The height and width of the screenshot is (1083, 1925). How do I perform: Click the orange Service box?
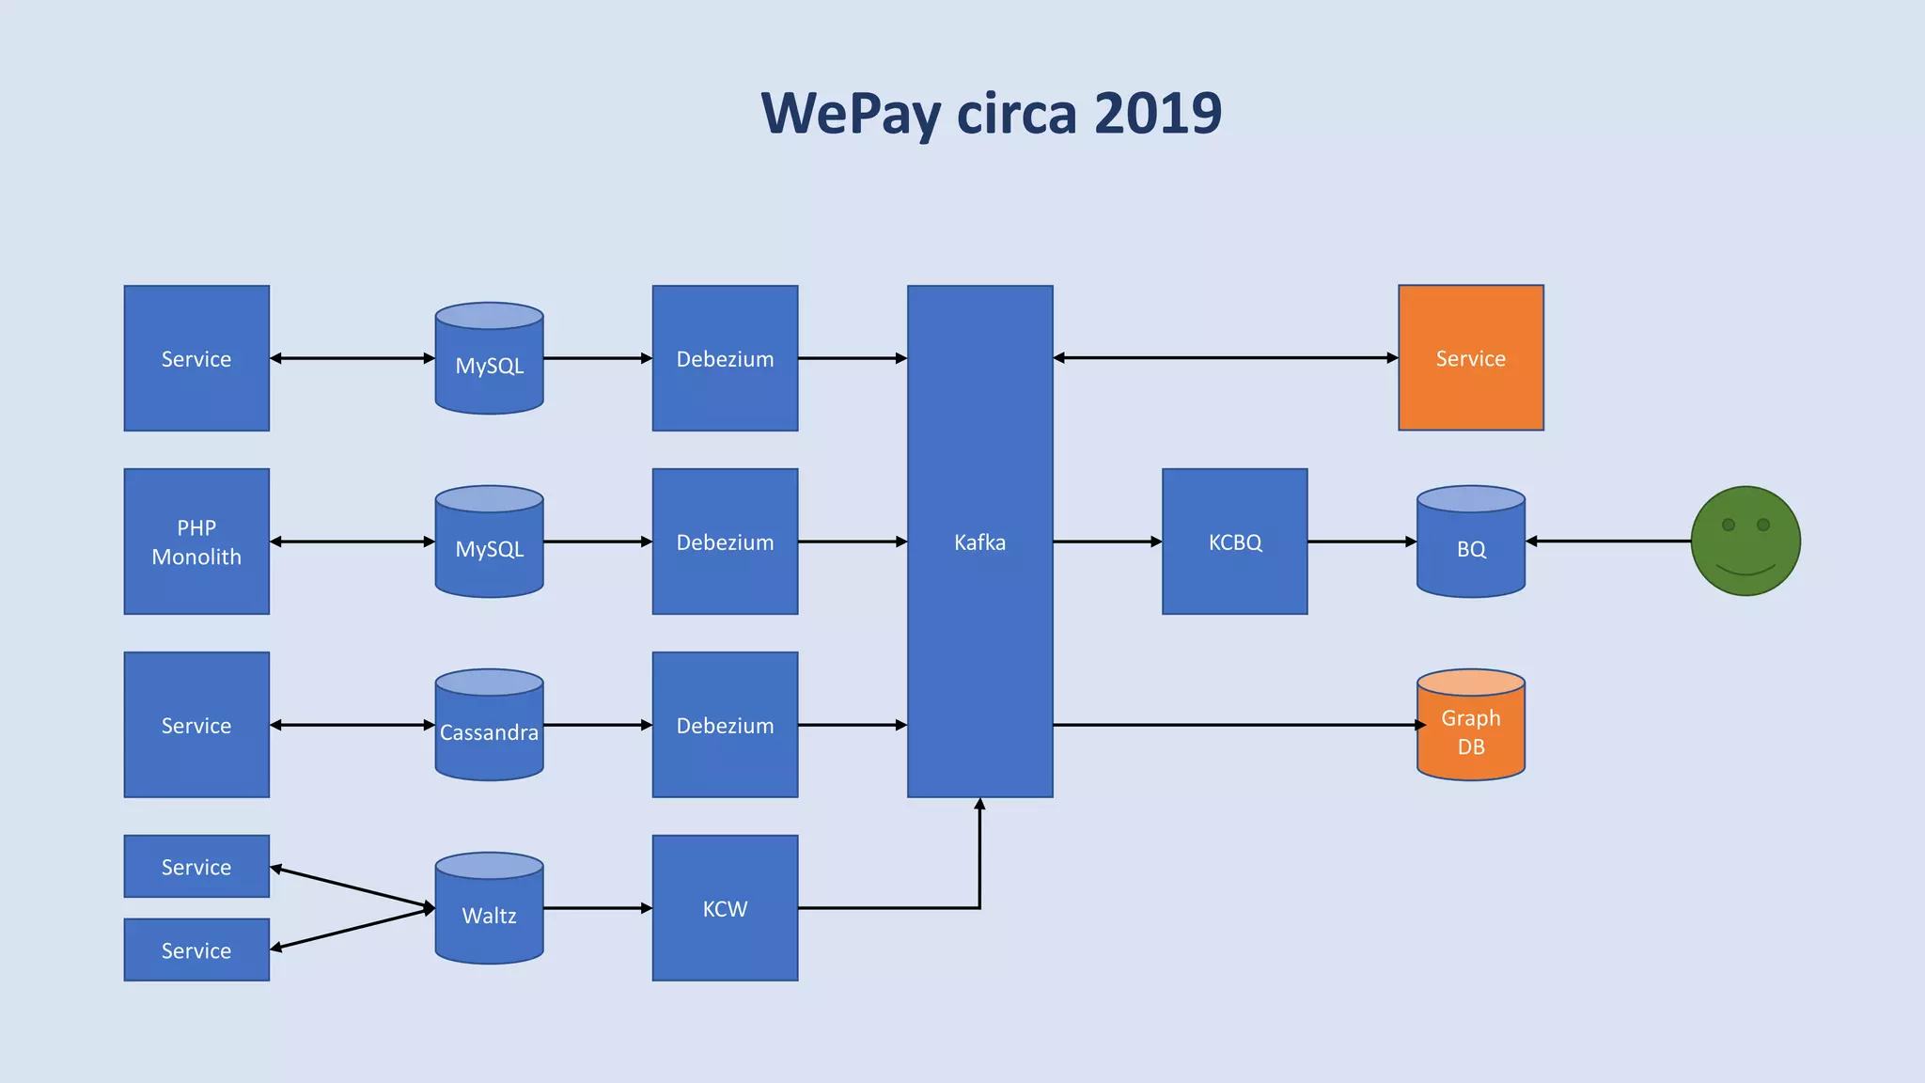click(1470, 358)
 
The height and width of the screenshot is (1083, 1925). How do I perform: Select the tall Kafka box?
click(979, 541)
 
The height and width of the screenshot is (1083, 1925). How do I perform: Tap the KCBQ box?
click(1234, 541)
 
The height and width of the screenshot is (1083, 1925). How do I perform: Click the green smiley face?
click(1745, 541)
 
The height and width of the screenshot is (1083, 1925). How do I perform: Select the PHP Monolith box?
click(196, 541)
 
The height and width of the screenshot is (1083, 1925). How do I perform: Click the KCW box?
click(725, 908)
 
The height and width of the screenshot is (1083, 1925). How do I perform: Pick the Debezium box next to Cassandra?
click(725, 725)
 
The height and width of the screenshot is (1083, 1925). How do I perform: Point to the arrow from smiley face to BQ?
click(1607, 541)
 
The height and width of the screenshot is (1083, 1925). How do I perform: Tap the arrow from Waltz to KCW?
click(597, 908)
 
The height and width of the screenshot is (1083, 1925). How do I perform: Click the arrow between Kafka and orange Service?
click(1225, 357)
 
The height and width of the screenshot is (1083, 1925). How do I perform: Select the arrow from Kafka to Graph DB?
click(1234, 725)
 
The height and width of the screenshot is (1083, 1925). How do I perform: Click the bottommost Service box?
click(196, 950)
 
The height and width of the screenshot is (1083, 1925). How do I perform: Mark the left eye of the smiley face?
click(1728, 525)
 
